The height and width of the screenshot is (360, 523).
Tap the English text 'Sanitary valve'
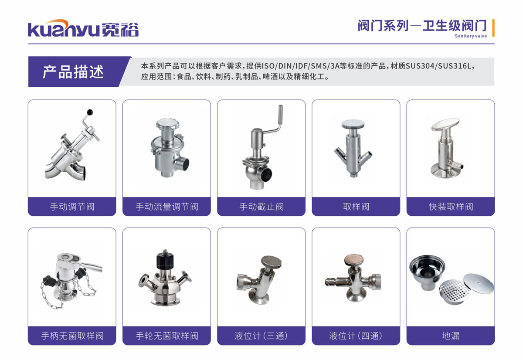[471, 36]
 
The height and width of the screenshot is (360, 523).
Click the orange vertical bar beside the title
[493, 28]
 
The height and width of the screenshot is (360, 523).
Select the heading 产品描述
[73, 72]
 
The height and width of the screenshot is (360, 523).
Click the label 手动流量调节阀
[167, 207]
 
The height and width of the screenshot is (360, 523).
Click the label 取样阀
[356, 207]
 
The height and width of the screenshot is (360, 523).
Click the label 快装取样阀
[451, 207]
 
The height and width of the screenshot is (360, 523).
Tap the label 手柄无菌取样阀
[72, 336]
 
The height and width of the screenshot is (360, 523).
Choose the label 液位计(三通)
[261, 336]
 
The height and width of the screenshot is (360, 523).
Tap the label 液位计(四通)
[356, 336]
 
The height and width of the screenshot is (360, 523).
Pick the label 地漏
[451, 336]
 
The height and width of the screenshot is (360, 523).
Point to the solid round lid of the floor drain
[479, 283]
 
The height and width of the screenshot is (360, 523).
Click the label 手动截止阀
[261, 207]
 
